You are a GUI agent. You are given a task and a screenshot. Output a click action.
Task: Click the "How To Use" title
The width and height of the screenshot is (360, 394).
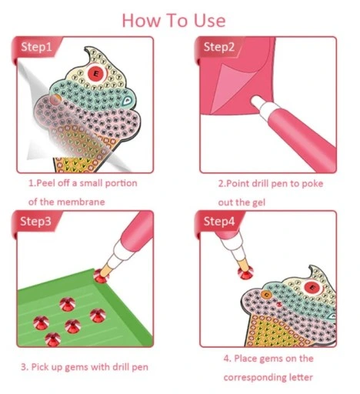pyautogui.click(x=174, y=21)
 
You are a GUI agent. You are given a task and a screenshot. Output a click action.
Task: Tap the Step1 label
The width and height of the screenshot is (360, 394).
pyautogui.click(x=36, y=47)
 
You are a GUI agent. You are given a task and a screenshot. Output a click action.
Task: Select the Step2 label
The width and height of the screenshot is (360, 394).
pyautogui.click(x=219, y=47)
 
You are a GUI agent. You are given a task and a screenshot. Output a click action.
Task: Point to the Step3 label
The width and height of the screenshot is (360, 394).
pyautogui.click(x=35, y=222)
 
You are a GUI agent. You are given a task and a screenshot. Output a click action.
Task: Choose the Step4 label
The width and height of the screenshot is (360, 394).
pyautogui.click(x=219, y=222)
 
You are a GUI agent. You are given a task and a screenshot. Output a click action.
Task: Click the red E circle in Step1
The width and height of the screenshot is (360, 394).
pyautogui.click(x=96, y=73)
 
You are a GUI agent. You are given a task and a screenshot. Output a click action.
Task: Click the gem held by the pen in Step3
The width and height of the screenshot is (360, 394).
pyautogui.click(x=100, y=276)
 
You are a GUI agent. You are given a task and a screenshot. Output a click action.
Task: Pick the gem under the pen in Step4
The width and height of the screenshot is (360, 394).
pyautogui.click(x=245, y=272)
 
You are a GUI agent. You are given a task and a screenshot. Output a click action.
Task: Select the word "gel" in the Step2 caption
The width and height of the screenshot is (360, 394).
pyautogui.click(x=258, y=202)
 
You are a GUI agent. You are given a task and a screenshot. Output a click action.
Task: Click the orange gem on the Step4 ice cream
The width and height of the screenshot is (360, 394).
pyautogui.click(x=266, y=295)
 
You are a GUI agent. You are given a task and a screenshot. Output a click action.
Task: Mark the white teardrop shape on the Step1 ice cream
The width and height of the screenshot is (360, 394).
pyautogui.click(x=127, y=101)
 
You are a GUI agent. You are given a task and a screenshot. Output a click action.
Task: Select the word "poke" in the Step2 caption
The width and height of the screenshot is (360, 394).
pyautogui.click(x=312, y=184)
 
